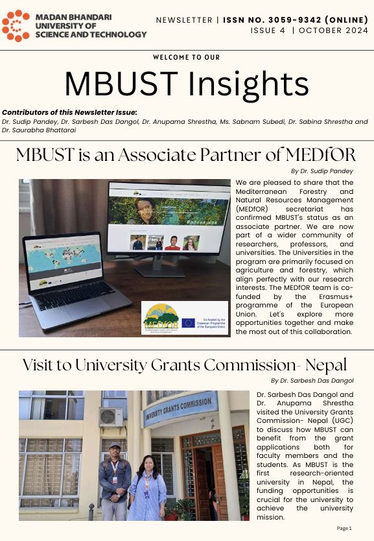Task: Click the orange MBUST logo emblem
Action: [x=16, y=25]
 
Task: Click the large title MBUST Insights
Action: [x=187, y=84]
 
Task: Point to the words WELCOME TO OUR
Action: [x=187, y=57]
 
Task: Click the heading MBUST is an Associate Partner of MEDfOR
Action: [x=186, y=156]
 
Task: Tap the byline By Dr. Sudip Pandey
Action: [x=322, y=171]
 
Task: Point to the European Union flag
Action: [x=188, y=322]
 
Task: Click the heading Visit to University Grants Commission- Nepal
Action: [x=185, y=365]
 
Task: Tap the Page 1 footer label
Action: [x=344, y=529]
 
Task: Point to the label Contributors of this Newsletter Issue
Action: [x=69, y=112]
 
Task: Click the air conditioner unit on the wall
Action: [x=111, y=416]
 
